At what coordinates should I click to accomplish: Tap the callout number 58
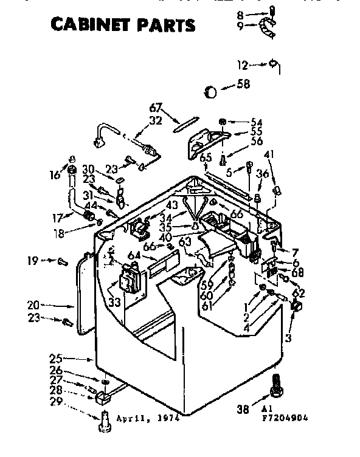(243, 84)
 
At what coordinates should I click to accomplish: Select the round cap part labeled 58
(210, 92)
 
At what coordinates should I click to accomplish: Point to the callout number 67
(156, 108)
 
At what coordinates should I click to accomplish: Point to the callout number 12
(243, 64)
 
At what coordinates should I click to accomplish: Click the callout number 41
(269, 155)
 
